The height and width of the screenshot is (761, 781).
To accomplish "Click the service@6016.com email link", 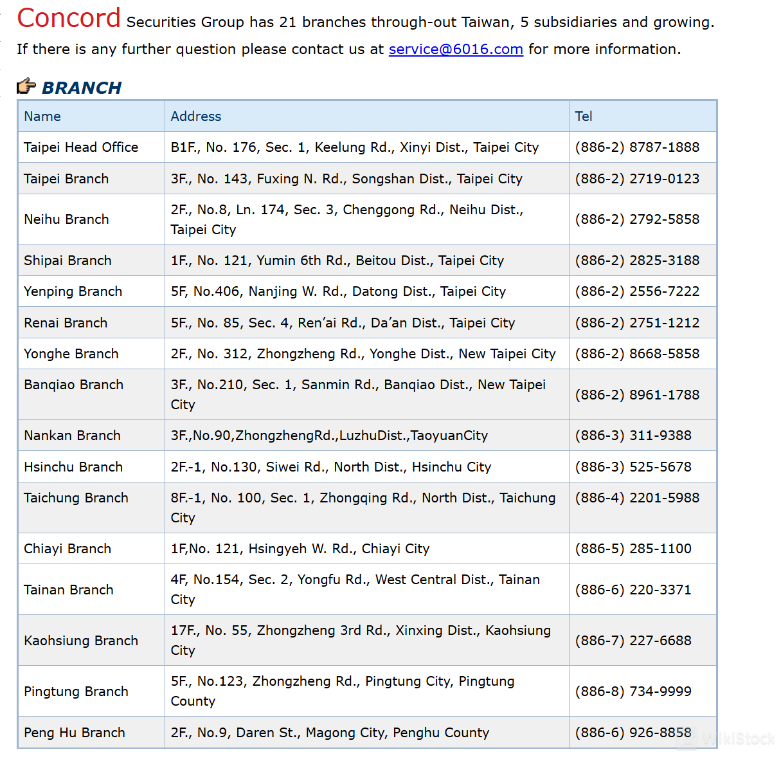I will pyautogui.click(x=456, y=50).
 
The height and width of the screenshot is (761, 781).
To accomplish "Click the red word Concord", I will pyautogui.click(x=69, y=18).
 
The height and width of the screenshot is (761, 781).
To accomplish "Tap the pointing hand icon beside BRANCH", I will pyautogui.click(x=26, y=86).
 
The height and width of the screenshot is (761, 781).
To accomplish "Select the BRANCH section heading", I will pyautogui.click(x=82, y=87).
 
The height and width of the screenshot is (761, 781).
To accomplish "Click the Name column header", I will pyautogui.click(x=42, y=116).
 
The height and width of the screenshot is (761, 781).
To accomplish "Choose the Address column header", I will pyautogui.click(x=196, y=116).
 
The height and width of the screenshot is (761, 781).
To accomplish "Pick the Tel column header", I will pyautogui.click(x=584, y=116).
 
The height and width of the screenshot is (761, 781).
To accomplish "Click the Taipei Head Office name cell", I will pyautogui.click(x=81, y=147).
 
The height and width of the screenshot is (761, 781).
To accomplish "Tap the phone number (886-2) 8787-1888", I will pyautogui.click(x=637, y=147).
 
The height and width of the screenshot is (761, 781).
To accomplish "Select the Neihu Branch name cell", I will pyautogui.click(x=66, y=219).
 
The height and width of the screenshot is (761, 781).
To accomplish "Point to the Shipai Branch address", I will pyautogui.click(x=337, y=261).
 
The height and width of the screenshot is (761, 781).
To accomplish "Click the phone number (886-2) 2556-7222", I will pyautogui.click(x=637, y=291).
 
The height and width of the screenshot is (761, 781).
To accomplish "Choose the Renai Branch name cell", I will pyautogui.click(x=66, y=323).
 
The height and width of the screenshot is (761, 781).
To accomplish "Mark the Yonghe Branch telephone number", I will pyautogui.click(x=637, y=354).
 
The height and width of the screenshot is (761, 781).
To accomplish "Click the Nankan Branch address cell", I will pyautogui.click(x=329, y=436).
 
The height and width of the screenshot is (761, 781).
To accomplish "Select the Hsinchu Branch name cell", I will pyautogui.click(x=73, y=467).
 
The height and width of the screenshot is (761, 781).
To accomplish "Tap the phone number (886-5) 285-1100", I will pyautogui.click(x=633, y=549).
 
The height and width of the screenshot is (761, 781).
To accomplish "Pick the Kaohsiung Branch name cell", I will pyautogui.click(x=81, y=641).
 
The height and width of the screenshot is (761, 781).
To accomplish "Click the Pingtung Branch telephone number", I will pyautogui.click(x=633, y=692).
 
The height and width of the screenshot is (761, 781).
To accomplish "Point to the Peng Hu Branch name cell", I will pyautogui.click(x=75, y=733).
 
